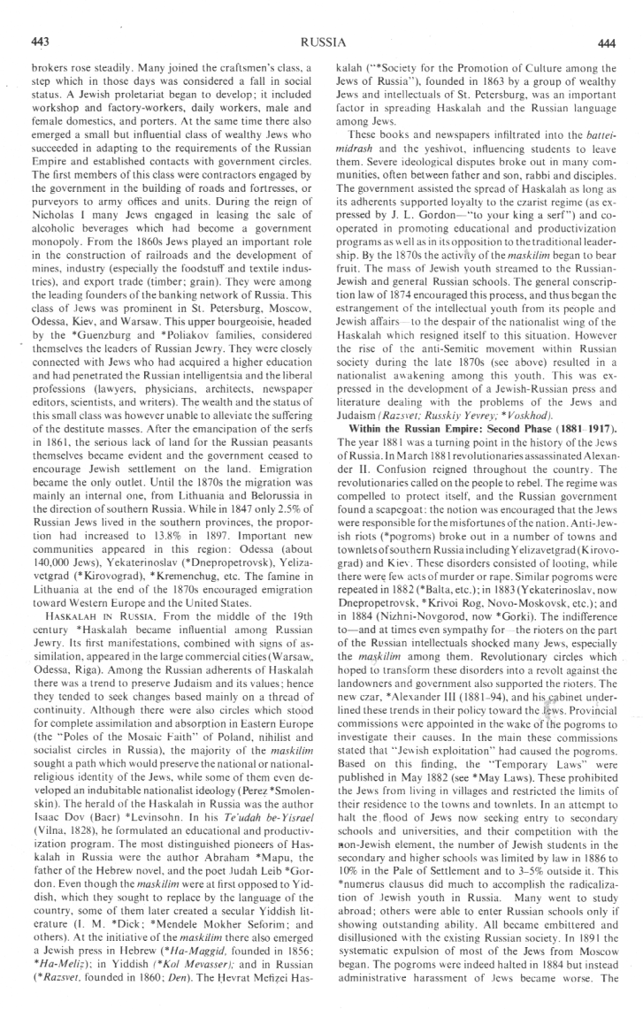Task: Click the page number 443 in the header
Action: [38, 42]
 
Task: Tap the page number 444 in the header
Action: [606, 42]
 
